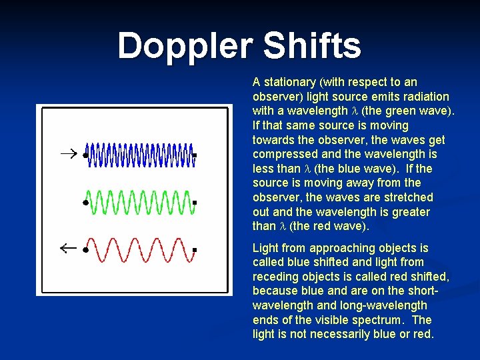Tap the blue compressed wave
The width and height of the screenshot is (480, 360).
pyautogui.click(x=140, y=154)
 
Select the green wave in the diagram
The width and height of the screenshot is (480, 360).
pyautogui.click(x=140, y=201)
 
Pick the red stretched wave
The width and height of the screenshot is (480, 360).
pyautogui.click(x=140, y=249)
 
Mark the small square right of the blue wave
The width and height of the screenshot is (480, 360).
pyautogui.click(x=194, y=155)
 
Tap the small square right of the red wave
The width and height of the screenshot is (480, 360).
pyautogui.click(x=194, y=250)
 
